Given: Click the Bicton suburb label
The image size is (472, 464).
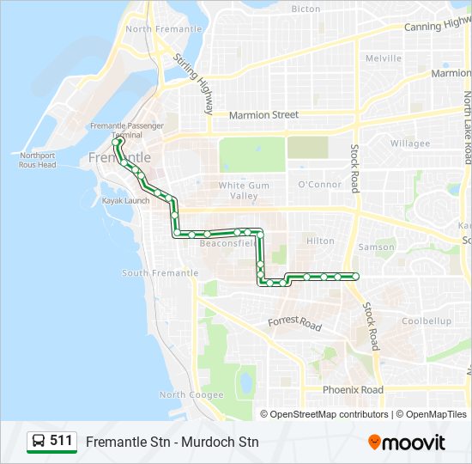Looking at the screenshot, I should click(306, 9).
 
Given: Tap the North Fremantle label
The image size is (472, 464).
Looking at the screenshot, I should click(163, 28).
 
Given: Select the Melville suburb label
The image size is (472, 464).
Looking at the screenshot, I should click(383, 58).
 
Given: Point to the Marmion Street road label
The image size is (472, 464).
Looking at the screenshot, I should click(263, 114).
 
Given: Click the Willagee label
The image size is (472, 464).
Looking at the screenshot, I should click(410, 143).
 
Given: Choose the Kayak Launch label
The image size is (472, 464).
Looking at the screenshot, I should click(126, 200).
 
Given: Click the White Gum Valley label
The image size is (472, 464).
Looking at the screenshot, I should click(244, 190).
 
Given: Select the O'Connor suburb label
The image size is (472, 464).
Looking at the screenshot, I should click(319, 185).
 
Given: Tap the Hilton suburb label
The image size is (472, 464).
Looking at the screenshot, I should click(320, 241).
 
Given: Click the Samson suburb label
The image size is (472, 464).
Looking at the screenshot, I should click(376, 247).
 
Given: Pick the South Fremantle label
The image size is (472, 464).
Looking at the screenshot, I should click(160, 273).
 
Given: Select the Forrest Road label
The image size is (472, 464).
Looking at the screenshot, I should click(294, 324).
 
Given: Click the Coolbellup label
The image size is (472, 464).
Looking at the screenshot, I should click(427, 321).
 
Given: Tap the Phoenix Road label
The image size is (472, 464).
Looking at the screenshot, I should click(353, 389).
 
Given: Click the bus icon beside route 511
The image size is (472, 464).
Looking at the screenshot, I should click(39, 442).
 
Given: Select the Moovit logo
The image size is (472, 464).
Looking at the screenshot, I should click(406, 443).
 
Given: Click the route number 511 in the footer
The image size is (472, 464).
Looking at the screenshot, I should click(61, 441).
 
